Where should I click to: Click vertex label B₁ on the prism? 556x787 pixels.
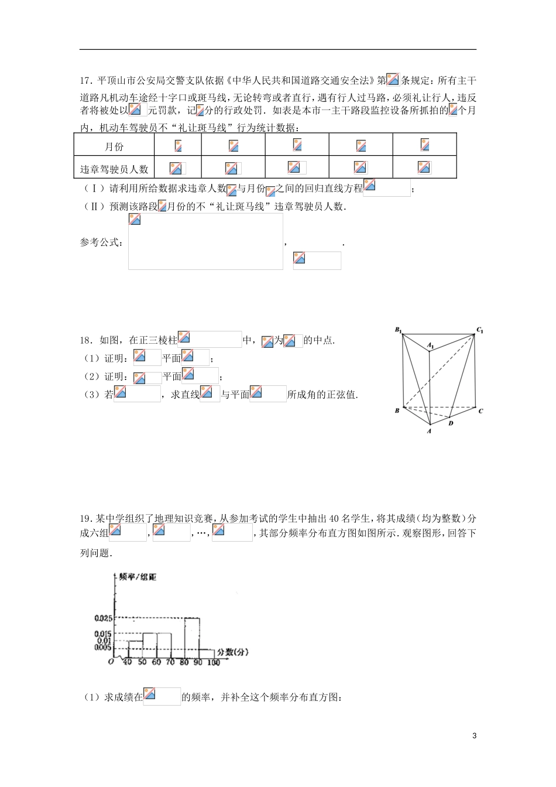tap(397, 331)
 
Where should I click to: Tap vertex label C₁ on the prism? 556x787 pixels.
tap(479, 331)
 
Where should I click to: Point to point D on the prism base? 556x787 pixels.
tap(451, 423)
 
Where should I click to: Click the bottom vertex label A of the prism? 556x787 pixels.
tap(429, 431)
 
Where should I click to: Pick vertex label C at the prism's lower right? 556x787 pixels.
tap(480, 411)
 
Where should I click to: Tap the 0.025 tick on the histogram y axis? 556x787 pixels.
tap(102, 618)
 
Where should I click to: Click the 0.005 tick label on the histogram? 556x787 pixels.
tap(102, 648)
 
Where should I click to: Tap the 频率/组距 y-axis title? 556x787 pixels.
tap(138, 577)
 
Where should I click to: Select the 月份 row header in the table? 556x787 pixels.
tap(114, 146)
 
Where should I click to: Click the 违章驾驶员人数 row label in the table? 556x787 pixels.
tap(114, 169)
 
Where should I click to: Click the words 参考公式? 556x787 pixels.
tap(100, 242)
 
